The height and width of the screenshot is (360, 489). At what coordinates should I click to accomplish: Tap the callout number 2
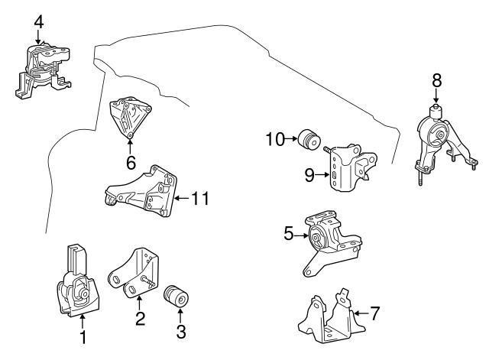click(x=140, y=319)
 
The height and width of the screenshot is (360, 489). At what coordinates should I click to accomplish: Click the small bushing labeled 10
click(x=310, y=141)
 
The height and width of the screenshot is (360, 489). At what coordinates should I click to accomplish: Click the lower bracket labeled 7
click(x=329, y=317)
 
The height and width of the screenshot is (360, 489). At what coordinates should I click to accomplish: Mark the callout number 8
click(x=436, y=79)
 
